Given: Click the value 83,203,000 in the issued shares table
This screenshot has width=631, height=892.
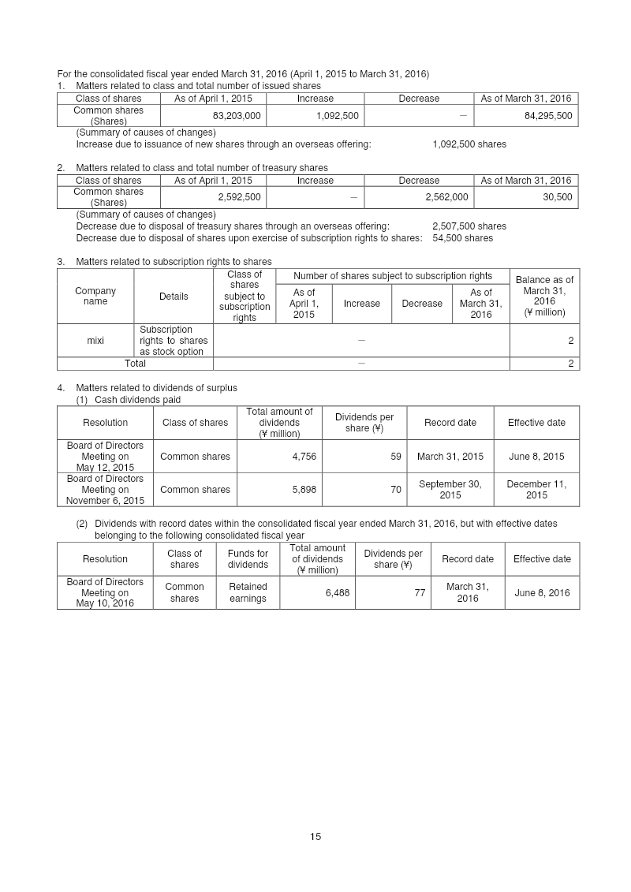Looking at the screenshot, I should coord(237,116).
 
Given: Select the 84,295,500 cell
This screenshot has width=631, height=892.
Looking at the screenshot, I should coord(548,116).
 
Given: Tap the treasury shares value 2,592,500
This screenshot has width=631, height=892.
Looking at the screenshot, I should coord(239,197).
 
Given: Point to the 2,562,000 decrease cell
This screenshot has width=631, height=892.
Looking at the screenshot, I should coord(446,197).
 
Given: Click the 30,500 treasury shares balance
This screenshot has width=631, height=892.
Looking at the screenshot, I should coord(558,197).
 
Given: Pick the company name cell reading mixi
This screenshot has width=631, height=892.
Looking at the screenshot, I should coord(95,341).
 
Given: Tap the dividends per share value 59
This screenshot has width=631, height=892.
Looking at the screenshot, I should coord(395,456).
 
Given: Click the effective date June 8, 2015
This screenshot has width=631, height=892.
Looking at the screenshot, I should coord(536,456).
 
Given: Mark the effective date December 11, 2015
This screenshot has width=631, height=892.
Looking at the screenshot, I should coord(536,489).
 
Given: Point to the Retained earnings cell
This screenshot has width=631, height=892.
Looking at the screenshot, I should coord(248,592).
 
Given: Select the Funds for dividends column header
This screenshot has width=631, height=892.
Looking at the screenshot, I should coord(248,558).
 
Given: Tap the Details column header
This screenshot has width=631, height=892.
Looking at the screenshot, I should coord(174,297).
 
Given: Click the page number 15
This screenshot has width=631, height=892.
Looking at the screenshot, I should coord(315,837).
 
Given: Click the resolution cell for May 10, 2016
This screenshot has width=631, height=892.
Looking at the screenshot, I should coord(105,592).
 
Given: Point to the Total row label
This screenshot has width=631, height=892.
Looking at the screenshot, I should coord(135,364).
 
